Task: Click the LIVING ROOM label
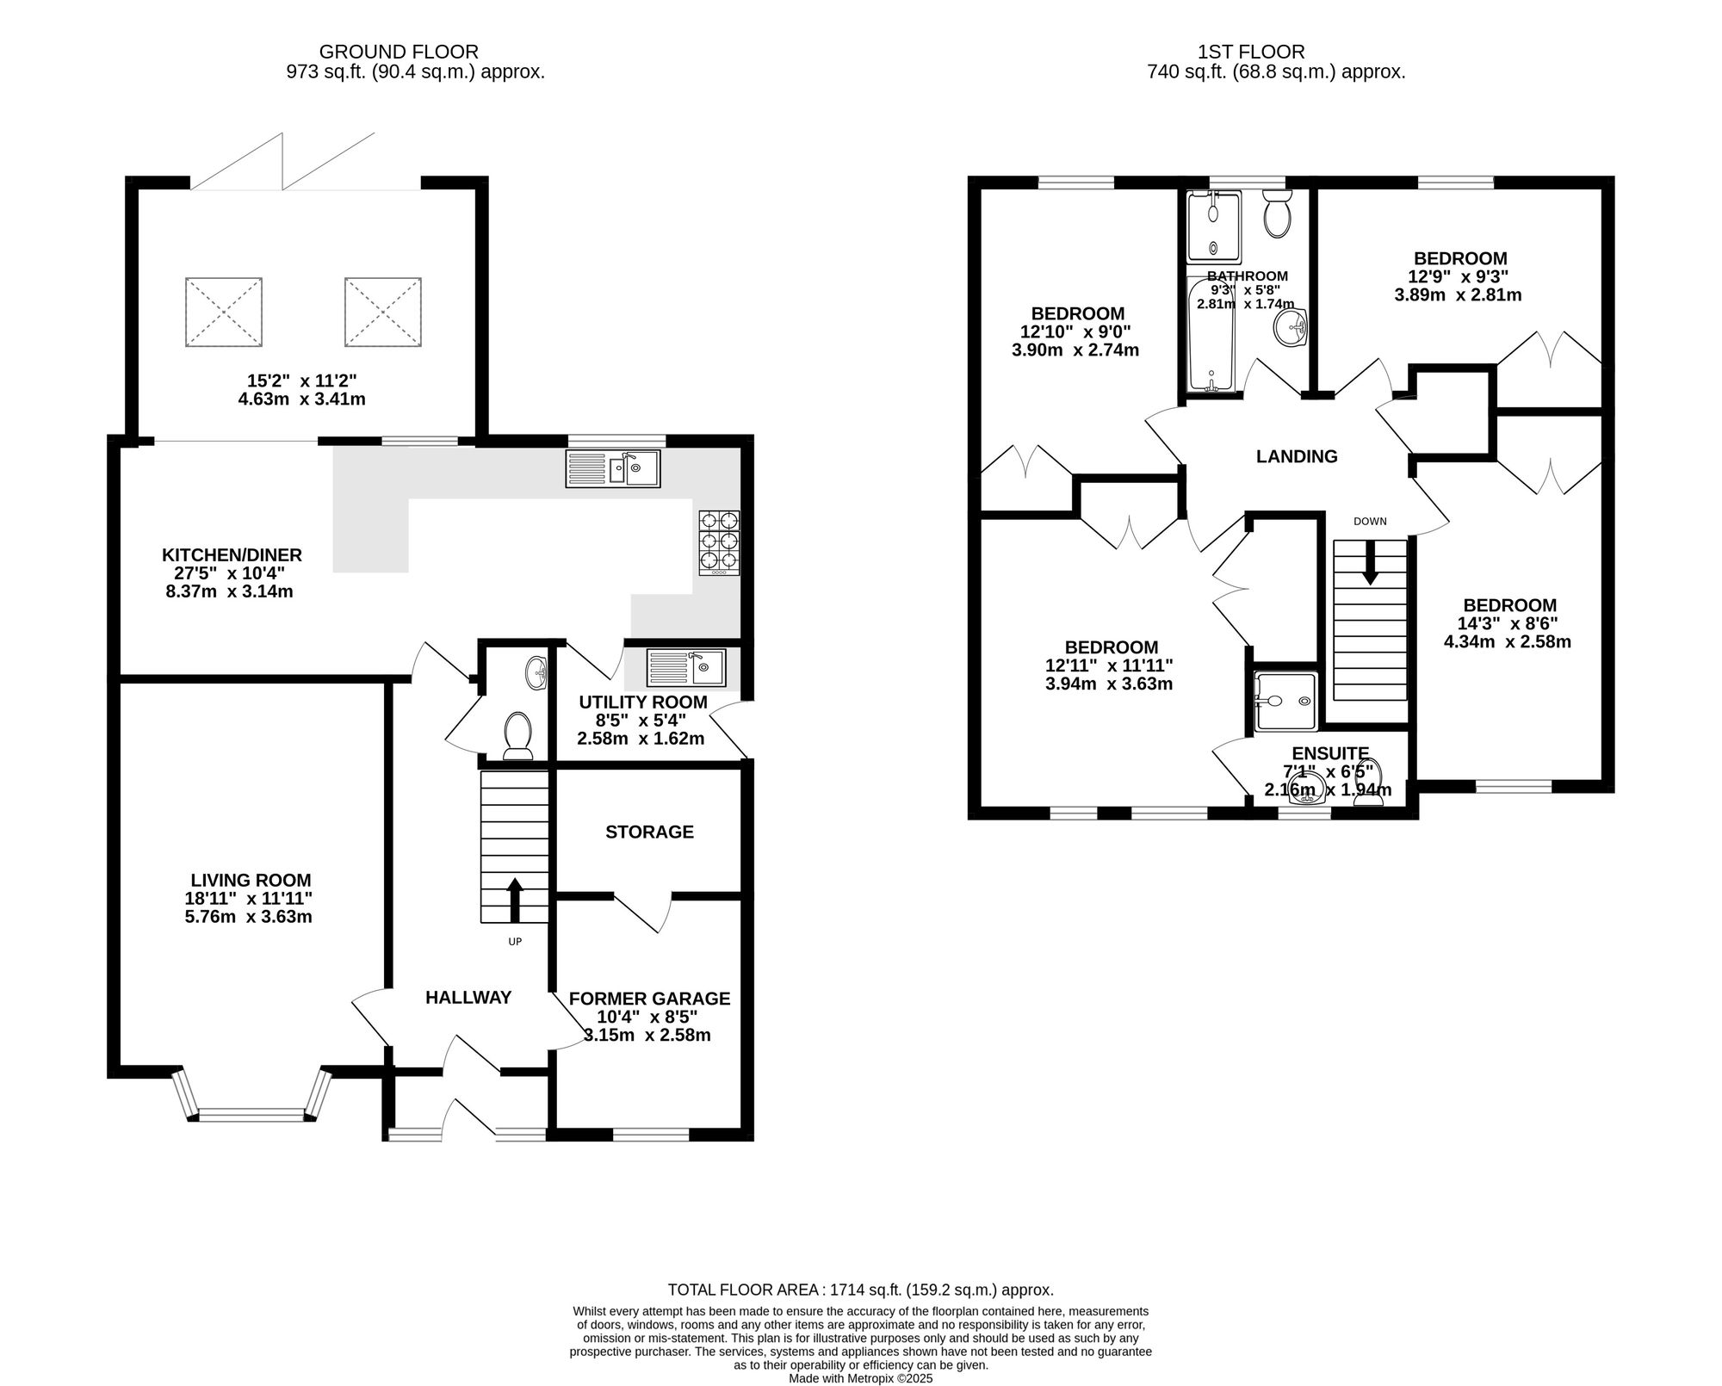251,880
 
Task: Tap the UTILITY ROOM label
643,702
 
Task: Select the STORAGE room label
649,832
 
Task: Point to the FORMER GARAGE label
649,998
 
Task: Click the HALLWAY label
468,997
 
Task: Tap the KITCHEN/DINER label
232,554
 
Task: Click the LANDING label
1297,456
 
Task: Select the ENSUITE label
1330,754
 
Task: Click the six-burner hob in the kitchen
719,542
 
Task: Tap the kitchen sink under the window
613,469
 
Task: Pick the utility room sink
686,667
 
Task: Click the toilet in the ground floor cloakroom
517,736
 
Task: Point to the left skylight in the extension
224,312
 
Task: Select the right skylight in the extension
383,312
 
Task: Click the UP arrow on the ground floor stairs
515,900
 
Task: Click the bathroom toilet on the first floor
1278,213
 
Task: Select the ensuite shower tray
1285,702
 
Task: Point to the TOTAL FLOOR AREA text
861,1290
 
